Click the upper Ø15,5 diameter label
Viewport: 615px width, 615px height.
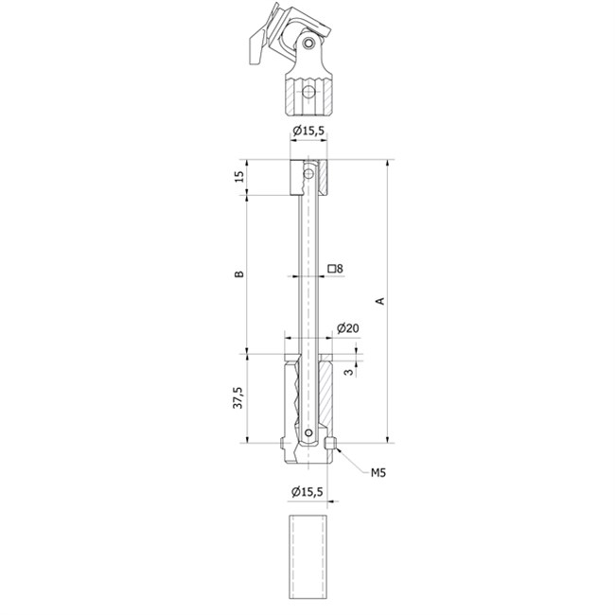point(308,131)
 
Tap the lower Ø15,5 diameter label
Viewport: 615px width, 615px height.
point(307,491)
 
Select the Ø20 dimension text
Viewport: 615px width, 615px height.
point(347,328)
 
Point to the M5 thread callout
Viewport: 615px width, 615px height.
point(378,473)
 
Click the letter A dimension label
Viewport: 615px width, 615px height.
point(379,301)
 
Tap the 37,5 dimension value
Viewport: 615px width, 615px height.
point(238,397)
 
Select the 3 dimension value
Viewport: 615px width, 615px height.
point(348,372)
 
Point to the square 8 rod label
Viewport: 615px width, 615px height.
point(335,269)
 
